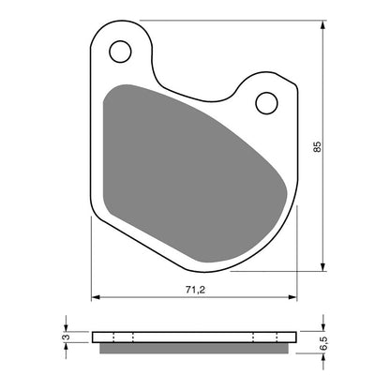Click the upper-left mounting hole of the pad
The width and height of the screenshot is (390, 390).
point(119,51)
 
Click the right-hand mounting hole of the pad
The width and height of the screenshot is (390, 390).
point(266,101)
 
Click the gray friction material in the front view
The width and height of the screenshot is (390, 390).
point(187,159)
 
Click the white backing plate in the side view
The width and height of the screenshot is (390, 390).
point(194,337)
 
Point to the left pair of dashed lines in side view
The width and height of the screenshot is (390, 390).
point(123,337)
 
